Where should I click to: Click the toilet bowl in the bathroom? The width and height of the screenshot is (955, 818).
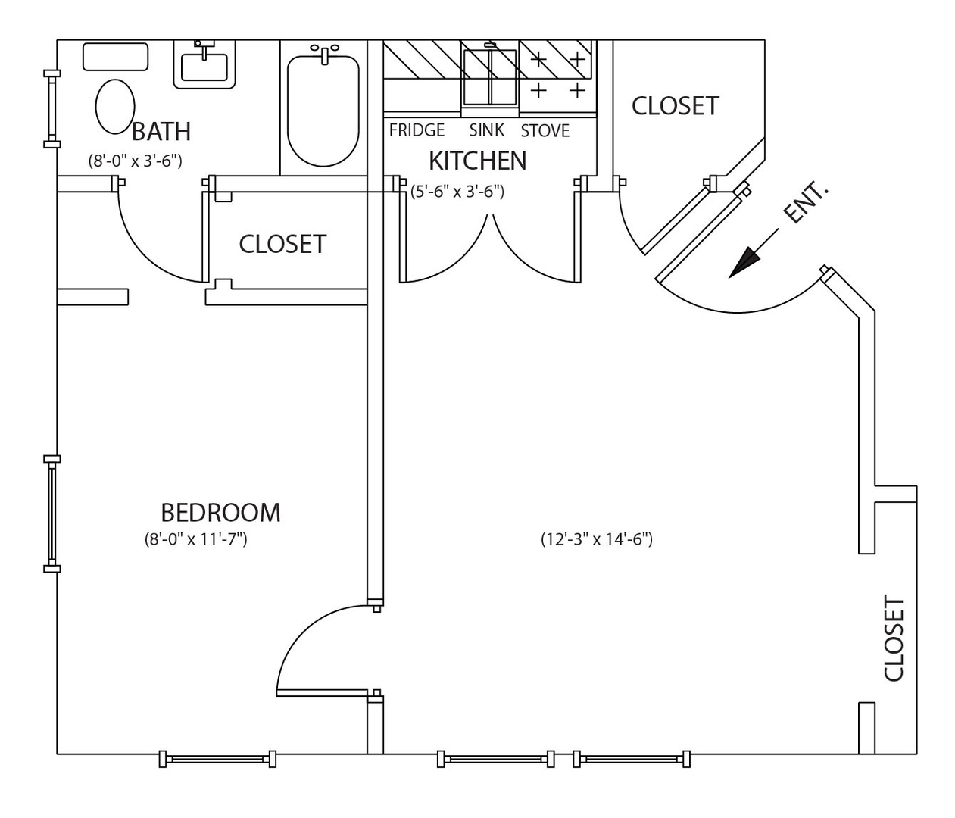coord(115,106)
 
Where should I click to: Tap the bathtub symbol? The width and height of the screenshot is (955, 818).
coord(323,111)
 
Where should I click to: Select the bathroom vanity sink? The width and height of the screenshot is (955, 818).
coord(205,66)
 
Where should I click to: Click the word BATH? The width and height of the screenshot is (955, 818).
coord(161,132)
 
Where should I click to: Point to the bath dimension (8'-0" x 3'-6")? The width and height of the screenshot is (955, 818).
coord(135,161)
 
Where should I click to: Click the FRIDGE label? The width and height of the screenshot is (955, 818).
coord(417,130)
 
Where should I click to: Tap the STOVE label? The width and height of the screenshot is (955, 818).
coord(545,131)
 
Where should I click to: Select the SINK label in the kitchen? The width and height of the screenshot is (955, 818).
coord(486,130)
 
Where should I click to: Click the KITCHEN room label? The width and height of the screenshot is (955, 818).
coord(477,161)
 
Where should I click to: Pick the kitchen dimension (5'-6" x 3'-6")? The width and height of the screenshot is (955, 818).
coord(457,192)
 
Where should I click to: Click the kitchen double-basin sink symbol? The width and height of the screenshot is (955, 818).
coord(490,76)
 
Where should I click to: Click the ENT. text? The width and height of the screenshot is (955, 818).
coord(805,202)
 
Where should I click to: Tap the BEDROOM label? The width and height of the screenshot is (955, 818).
coord(220,513)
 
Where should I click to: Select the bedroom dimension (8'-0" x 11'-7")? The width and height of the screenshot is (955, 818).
coord(196,539)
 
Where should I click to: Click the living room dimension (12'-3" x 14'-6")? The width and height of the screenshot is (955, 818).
coord(597,539)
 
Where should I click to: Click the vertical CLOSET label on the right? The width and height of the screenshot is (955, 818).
coord(894,638)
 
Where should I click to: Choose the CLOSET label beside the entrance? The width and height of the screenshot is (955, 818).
coord(675,106)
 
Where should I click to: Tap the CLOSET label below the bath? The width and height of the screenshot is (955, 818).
coord(282,244)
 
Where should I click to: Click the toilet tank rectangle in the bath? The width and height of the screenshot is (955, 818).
coord(115,57)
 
